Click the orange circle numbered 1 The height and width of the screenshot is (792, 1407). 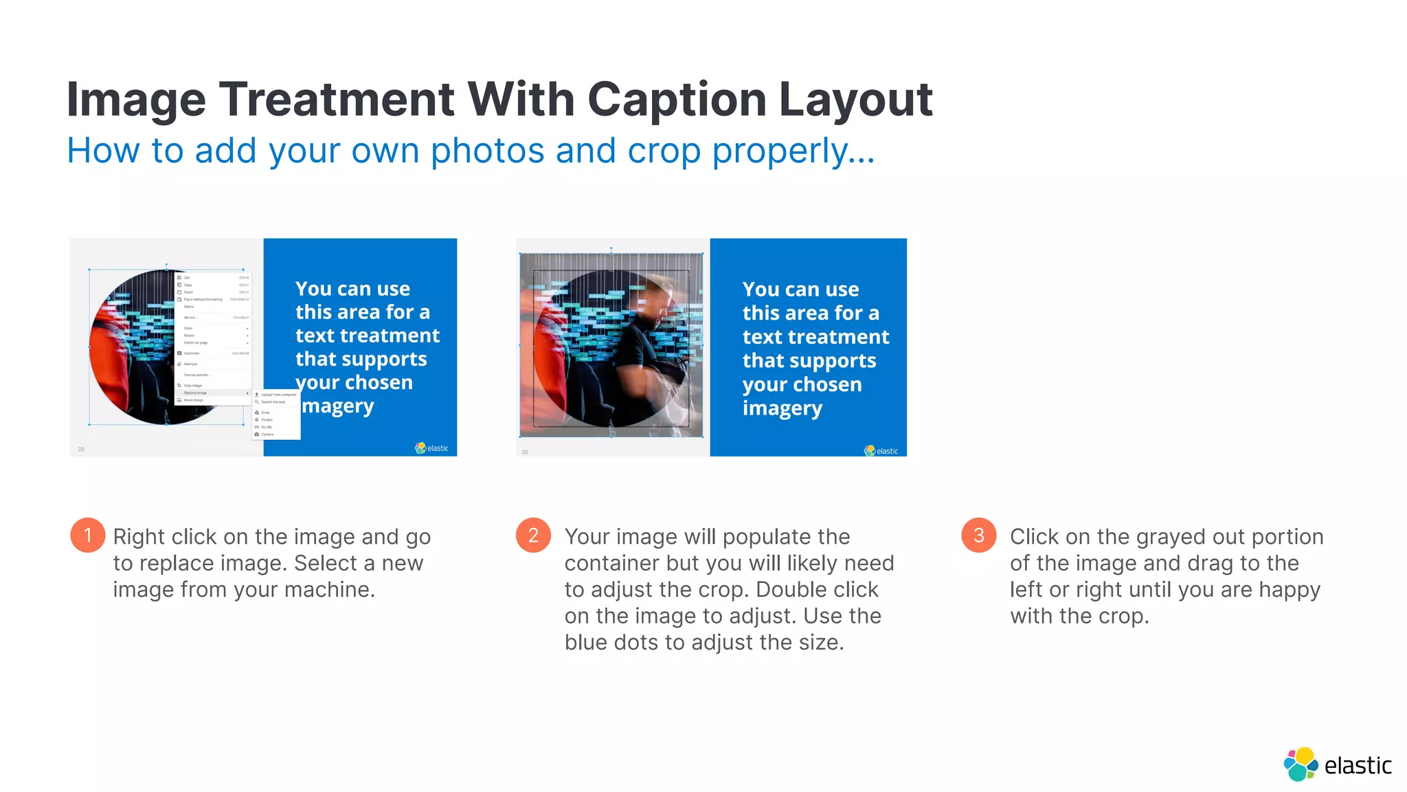tap(87, 535)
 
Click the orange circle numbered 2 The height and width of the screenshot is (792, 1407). tap(533, 535)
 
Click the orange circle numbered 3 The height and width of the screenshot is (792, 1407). tap(978, 535)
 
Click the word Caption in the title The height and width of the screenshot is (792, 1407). tap(677, 99)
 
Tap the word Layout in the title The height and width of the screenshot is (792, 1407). tap(855, 99)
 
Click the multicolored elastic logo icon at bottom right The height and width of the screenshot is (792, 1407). tap(1301, 764)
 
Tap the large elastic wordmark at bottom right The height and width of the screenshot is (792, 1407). tap(1358, 765)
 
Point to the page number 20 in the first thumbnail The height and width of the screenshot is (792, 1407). tap(81, 450)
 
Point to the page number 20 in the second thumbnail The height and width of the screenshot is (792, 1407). tap(525, 452)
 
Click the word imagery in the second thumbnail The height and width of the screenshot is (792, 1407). tap(782, 408)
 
